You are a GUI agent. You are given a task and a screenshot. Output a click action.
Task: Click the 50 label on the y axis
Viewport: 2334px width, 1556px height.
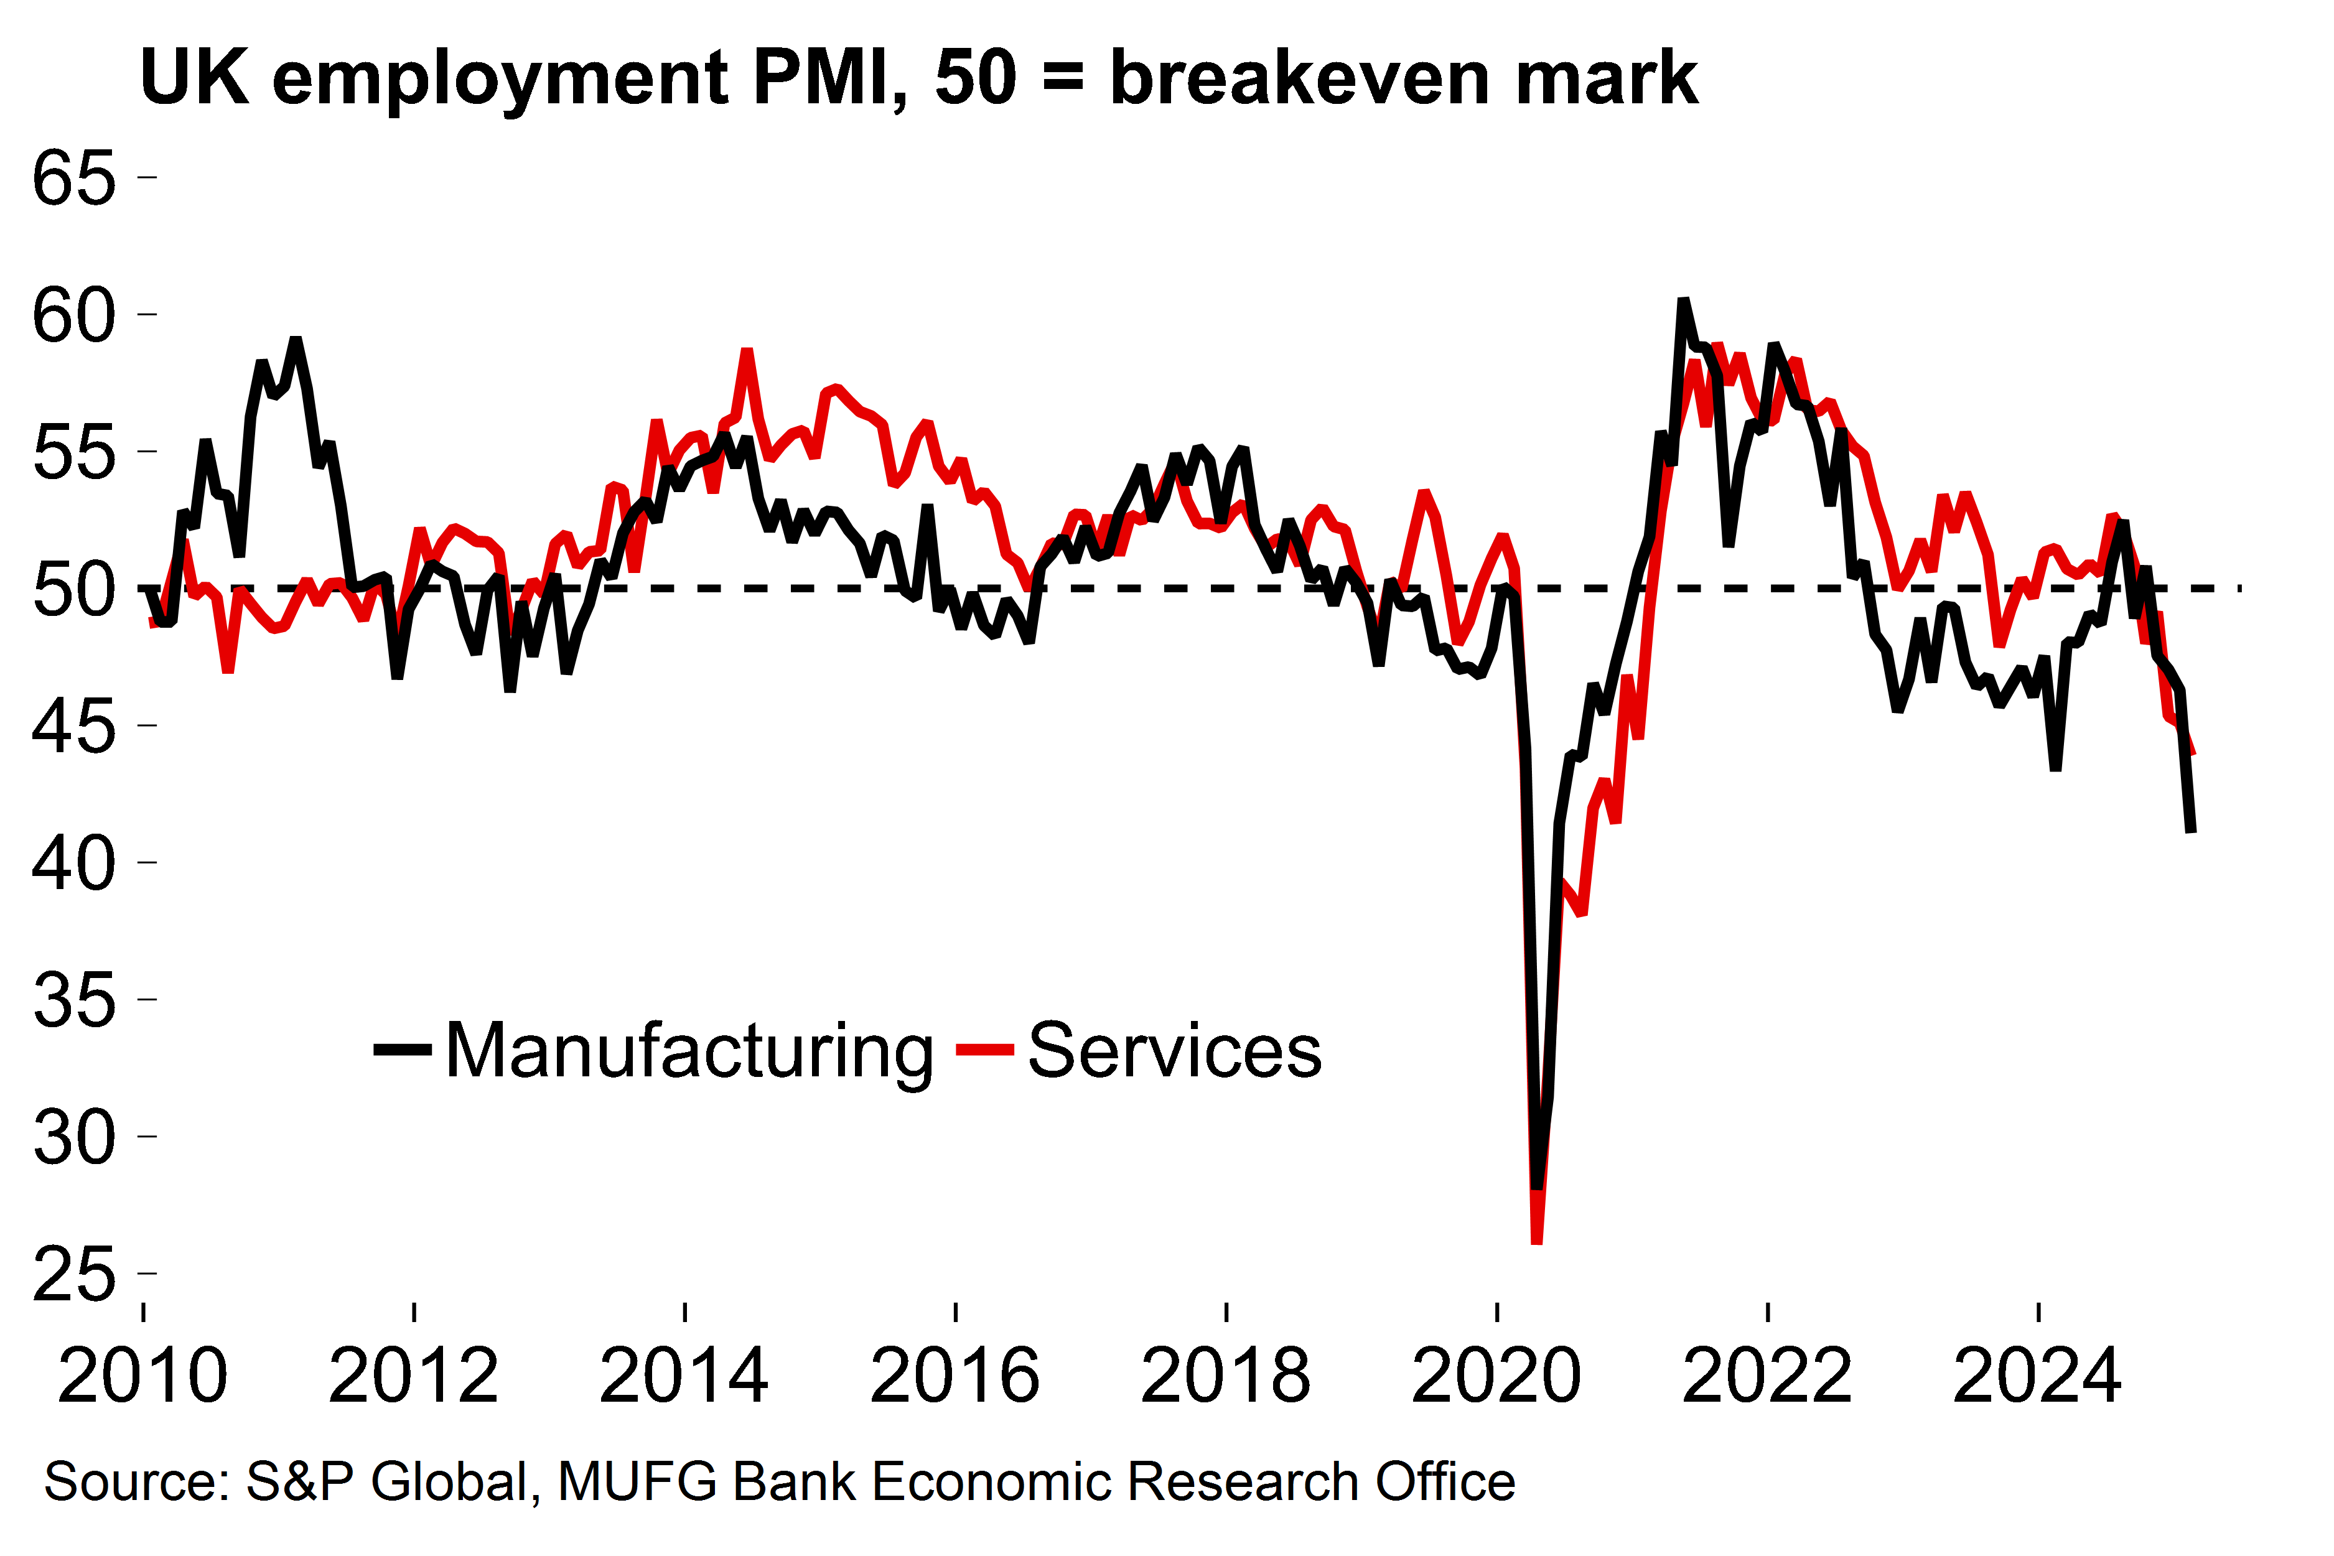75,590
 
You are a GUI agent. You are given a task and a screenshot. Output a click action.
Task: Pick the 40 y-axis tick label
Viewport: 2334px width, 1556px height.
75,864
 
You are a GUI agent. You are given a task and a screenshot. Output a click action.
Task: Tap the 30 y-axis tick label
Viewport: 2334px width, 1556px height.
75,1137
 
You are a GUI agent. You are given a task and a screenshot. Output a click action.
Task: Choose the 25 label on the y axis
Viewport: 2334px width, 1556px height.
75,1274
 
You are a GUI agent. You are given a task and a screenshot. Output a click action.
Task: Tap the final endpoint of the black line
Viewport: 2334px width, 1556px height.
2191,829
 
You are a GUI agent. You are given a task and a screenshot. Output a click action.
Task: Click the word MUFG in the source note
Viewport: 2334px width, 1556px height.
637,1481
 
